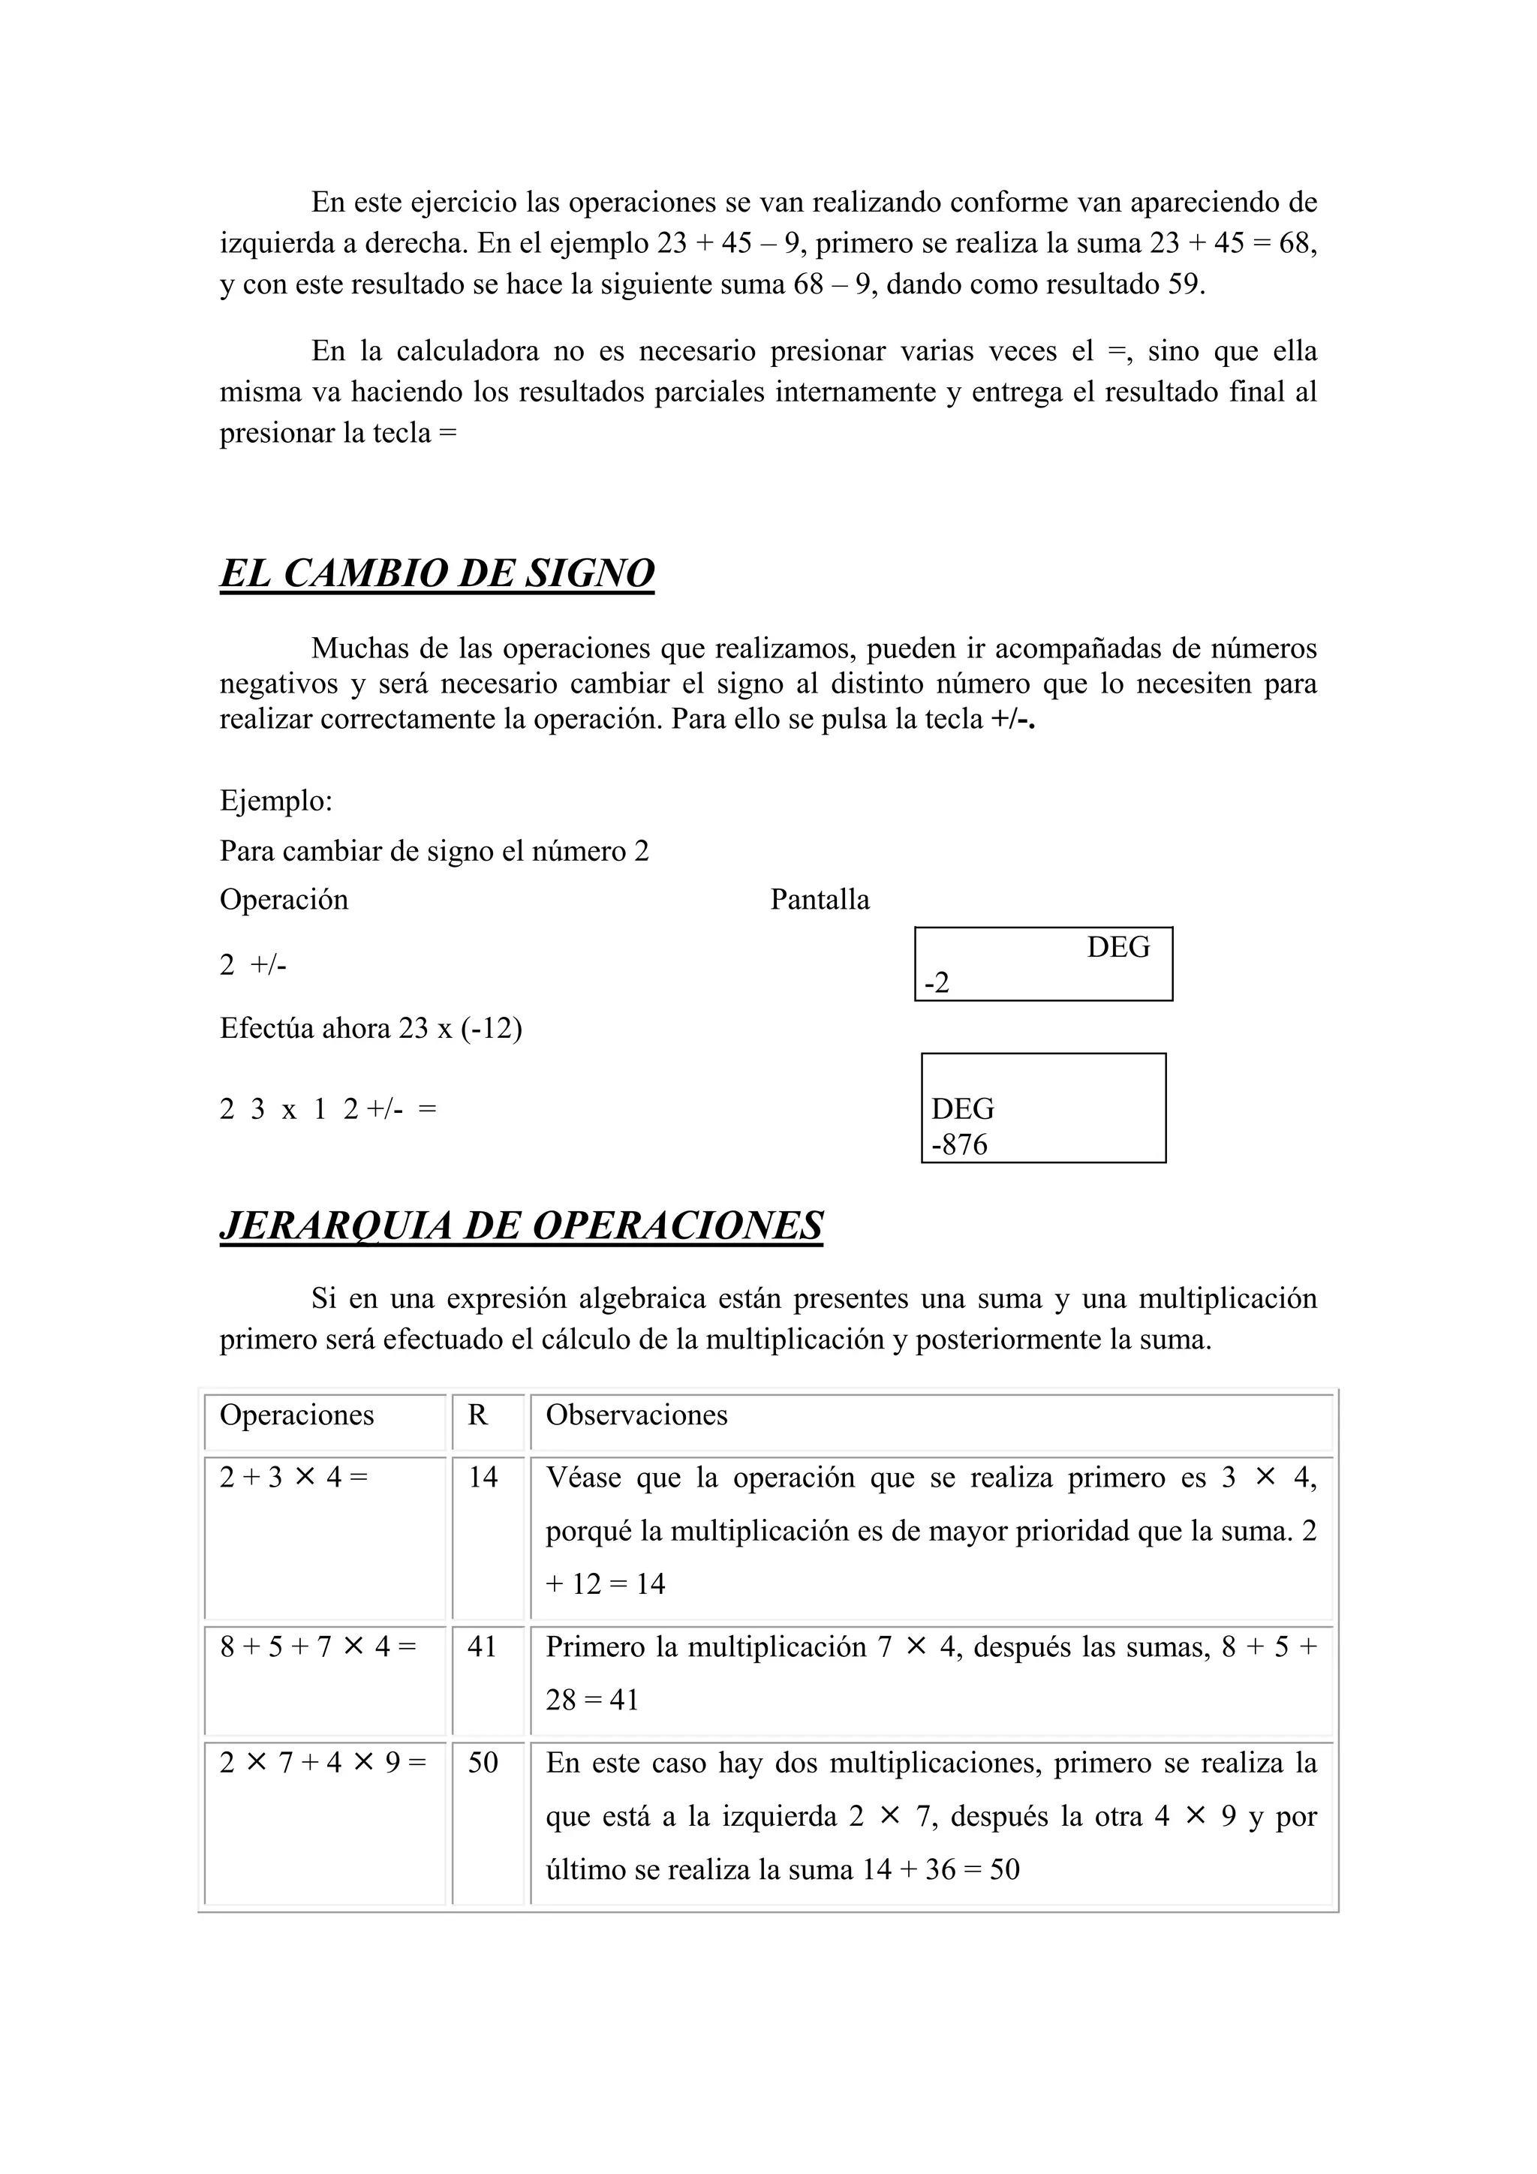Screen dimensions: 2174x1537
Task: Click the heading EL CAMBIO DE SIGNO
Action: tap(437, 574)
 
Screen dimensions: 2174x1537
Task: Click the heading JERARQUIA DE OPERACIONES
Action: tap(521, 1225)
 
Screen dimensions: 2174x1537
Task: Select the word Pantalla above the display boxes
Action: tap(820, 900)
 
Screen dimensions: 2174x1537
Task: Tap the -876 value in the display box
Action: tap(959, 1144)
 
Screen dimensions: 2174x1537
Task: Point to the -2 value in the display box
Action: tap(937, 984)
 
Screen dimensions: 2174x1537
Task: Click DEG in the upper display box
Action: tap(1117, 947)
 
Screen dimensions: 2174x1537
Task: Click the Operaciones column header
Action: tap(296, 1415)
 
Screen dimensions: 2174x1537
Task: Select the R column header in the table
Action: tap(478, 1415)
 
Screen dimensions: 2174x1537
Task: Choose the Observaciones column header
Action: tap(636, 1415)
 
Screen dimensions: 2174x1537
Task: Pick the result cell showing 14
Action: tap(483, 1477)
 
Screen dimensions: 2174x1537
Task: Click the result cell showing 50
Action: tap(483, 1762)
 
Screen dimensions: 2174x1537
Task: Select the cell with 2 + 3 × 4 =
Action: tap(293, 1477)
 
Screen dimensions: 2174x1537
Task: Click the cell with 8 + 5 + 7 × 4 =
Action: tap(318, 1646)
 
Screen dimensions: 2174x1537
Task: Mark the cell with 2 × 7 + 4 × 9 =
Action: tap(323, 1762)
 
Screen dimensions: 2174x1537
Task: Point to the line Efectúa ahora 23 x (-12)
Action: tap(370, 1028)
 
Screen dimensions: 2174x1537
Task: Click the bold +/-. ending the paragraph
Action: tap(1012, 720)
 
